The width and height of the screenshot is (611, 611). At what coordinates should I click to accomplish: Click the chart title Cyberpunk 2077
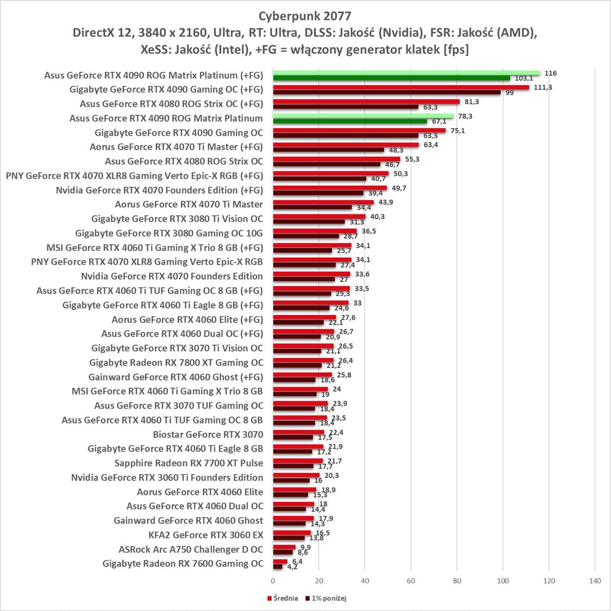[x=305, y=15]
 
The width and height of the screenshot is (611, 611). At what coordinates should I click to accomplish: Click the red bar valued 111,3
[x=401, y=87]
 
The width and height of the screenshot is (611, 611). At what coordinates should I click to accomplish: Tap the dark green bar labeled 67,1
[x=350, y=121]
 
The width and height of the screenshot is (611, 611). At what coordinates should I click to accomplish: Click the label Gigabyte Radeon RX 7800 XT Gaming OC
[x=176, y=362]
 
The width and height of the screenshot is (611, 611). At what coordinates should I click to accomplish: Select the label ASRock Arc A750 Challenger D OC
[x=191, y=549]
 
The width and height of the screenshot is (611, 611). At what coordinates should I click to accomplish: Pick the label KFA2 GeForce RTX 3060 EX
[x=205, y=535]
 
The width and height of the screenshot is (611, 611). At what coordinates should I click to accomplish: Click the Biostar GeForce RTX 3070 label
[x=207, y=434]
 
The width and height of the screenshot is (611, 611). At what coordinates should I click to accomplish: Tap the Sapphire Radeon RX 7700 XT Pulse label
[x=188, y=463]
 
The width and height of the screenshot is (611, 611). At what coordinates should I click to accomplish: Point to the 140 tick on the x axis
[x=595, y=581]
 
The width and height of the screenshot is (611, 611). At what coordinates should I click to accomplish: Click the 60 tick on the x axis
[x=411, y=581]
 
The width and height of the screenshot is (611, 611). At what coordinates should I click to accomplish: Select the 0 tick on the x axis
[x=273, y=581]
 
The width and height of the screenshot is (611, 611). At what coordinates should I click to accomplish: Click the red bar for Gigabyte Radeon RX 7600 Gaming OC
[x=280, y=562]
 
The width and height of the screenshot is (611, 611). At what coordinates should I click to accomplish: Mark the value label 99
[x=509, y=93]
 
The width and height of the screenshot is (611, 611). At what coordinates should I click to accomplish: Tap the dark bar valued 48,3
[x=329, y=150]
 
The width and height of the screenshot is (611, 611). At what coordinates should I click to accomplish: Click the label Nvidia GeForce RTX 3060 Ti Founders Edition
[x=167, y=477]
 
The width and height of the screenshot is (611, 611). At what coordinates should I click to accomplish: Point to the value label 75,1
[x=458, y=130]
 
